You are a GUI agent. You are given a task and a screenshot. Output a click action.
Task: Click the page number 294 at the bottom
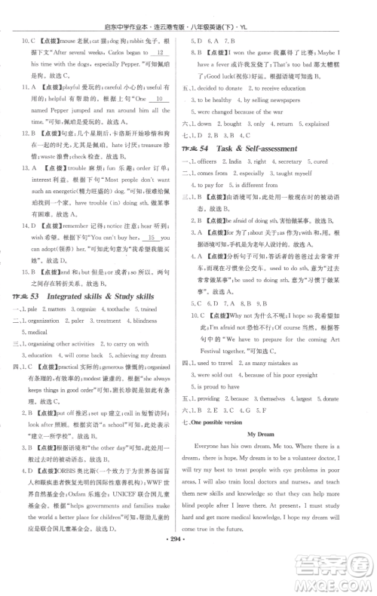[x=188, y=584]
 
